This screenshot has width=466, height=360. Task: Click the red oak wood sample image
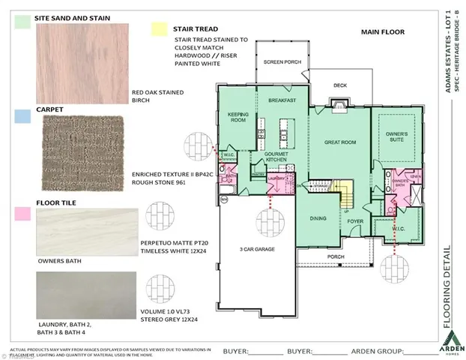coord(81,67)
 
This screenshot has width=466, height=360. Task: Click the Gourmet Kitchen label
coord(276,157)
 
